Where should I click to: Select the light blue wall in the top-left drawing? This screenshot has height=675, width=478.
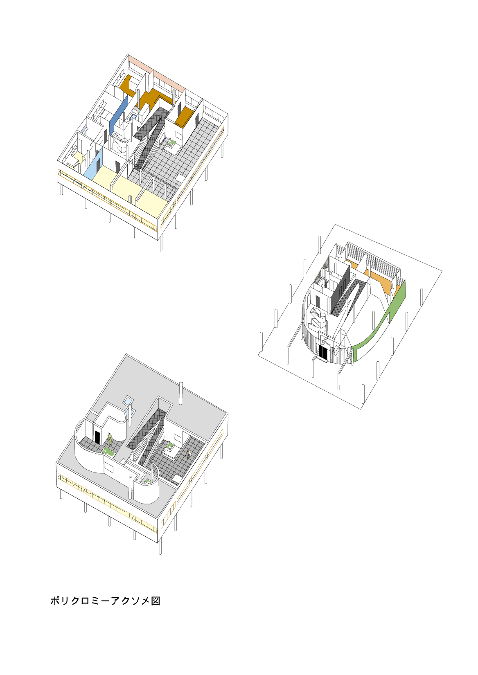coord(94,164)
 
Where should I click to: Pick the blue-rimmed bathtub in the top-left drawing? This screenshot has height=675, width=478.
coord(133,117)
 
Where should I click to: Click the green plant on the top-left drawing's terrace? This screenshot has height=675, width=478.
coord(172,142)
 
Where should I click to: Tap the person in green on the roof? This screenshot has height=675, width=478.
coord(110,439)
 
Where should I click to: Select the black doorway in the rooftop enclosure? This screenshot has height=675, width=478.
coord(97,437)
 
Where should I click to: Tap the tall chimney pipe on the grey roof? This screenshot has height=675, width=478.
coord(181,393)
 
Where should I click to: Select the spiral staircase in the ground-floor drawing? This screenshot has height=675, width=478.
coord(316,319)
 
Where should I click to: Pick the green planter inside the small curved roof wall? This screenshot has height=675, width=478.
coord(148,481)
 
